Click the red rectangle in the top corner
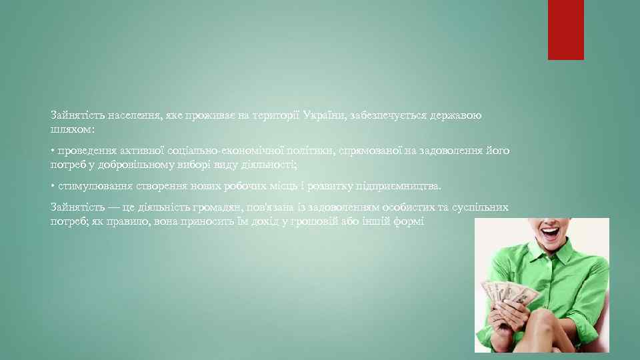(x=565, y=29)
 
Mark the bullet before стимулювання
(x=53, y=186)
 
